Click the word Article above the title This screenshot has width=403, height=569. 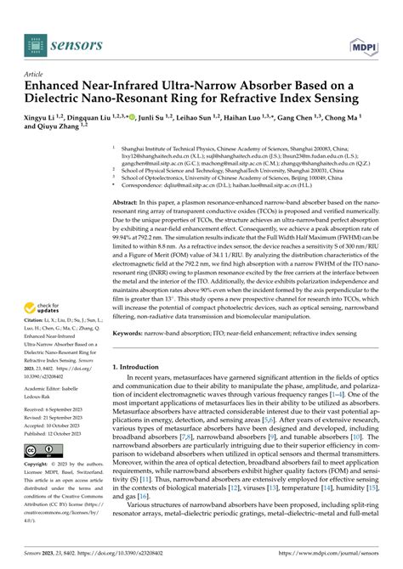[33, 75]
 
